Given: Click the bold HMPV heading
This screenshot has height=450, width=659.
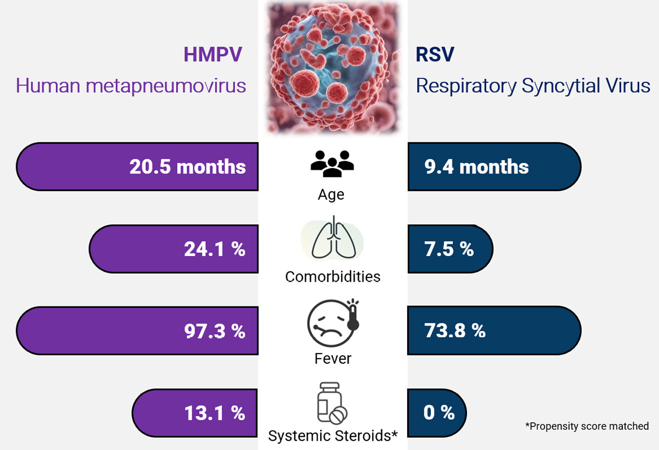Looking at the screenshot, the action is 213,54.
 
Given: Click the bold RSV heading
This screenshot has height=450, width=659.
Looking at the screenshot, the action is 435,54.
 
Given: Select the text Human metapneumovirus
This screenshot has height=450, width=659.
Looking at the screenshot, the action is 131,86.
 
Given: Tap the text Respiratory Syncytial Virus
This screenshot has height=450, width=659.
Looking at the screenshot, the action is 533,86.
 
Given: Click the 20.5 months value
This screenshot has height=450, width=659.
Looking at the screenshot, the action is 188,167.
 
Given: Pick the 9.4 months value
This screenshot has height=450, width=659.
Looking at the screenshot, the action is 476,167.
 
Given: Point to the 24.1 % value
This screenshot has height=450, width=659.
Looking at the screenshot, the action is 215,249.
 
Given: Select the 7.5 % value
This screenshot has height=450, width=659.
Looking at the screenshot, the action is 449,249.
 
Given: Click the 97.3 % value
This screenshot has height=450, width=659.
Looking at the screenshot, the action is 215,331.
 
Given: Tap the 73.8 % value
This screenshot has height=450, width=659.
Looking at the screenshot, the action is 455,331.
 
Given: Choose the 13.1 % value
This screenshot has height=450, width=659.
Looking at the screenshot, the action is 215,413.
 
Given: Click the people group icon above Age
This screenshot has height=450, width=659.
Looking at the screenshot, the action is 332,164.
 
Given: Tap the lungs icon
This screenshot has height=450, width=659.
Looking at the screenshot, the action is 333,238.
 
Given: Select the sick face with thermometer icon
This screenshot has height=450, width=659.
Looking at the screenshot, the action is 333,322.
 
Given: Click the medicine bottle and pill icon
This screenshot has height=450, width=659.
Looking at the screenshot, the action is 332,403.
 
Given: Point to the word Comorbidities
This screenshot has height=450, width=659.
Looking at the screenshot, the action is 333,277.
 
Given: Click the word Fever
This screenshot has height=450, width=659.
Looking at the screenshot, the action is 333,359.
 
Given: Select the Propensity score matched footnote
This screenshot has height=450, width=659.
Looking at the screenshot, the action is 587,426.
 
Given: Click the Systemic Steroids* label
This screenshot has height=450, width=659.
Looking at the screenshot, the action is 333,436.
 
